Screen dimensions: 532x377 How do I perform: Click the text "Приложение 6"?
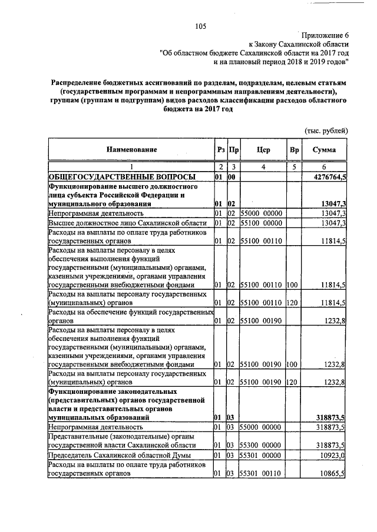pyautogui.click(x=322, y=35)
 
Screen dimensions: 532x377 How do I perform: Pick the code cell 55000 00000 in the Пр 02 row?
pyautogui.click(x=261, y=213)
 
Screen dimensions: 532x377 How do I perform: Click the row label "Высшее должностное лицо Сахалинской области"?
pyautogui.click(x=127, y=223)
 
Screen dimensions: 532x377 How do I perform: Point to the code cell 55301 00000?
pyautogui.click(x=261, y=454)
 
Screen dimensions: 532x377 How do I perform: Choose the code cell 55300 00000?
pyautogui.click(x=261, y=445)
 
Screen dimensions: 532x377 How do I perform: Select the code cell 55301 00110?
pyautogui.click(x=261, y=473)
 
